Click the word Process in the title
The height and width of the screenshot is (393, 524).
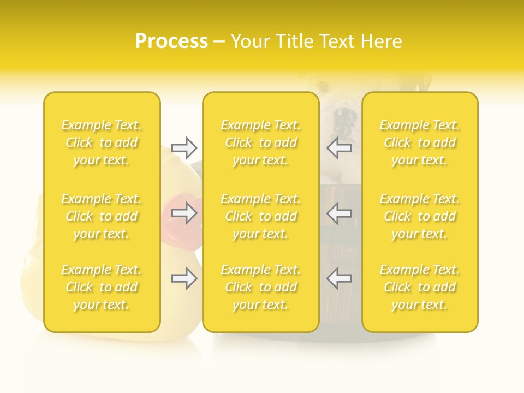[171, 41]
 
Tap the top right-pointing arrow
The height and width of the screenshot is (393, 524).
[184, 147]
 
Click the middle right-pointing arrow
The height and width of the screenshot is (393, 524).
[184, 213]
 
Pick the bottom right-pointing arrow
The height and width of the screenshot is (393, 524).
[184, 278]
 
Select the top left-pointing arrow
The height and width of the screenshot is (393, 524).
[339, 147]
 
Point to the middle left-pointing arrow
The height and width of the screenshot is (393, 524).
[339, 213]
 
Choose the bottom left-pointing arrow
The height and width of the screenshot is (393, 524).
[339, 278]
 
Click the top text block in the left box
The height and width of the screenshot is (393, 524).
[102, 142]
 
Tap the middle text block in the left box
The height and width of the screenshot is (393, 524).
[102, 216]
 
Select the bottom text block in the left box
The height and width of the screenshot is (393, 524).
[102, 287]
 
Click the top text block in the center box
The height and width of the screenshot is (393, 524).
[261, 142]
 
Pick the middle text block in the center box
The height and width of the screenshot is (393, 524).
[261, 216]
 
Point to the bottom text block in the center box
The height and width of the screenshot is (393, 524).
[261, 287]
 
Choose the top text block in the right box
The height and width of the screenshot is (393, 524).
[420, 142]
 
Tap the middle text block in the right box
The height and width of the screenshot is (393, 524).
[420, 216]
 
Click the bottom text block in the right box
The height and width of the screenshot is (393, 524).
[420, 287]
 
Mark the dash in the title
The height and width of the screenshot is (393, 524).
[219, 42]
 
